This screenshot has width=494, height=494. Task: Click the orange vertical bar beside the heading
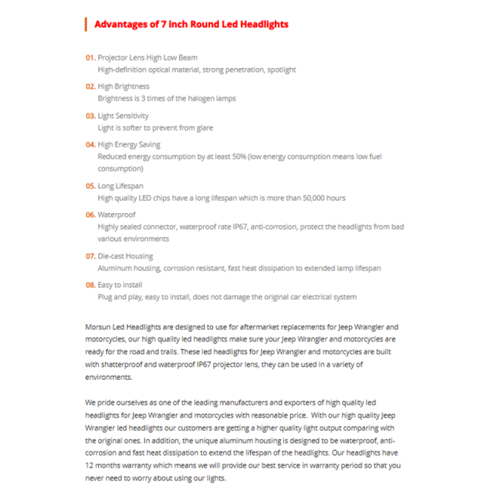[x=86, y=24]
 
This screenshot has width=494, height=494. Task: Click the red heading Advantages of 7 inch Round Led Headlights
[x=191, y=24]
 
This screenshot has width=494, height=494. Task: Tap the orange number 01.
[x=90, y=58]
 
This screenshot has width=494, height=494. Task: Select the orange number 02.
[x=90, y=86]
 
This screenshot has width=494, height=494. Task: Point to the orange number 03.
[x=90, y=116]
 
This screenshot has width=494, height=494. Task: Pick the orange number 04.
[x=90, y=144]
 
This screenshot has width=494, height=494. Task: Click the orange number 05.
[x=90, y=186]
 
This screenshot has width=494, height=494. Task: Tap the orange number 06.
[x=90, y=215]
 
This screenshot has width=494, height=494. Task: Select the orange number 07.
[x=90, y=256]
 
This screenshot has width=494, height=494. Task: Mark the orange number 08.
[x=90, y=285]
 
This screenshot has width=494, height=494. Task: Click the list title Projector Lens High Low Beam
[x=147, y=58]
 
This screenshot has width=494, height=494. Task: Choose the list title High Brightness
[x=123, y=86]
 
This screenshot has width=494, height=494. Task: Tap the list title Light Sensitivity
[x=123, y=116]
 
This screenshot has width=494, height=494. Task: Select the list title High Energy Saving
[x=129, y=144]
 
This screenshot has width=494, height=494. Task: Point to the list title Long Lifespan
[x=120, y=186]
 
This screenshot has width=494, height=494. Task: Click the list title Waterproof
[x=117, y=215]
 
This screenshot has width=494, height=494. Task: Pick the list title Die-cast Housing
[x=125, y=256]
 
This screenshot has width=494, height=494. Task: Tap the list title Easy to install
[x=120, y=285]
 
